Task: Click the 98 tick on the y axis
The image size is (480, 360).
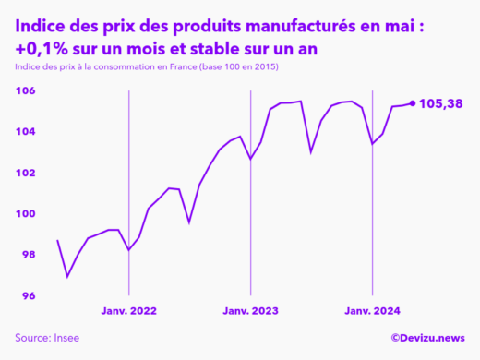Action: pos(27,255)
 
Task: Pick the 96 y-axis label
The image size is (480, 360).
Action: pos(27,295)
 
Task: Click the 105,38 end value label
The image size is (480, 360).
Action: pos(440,103)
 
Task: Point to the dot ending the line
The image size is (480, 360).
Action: pos(412,103)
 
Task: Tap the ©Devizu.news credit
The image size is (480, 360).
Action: pos(428,339)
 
